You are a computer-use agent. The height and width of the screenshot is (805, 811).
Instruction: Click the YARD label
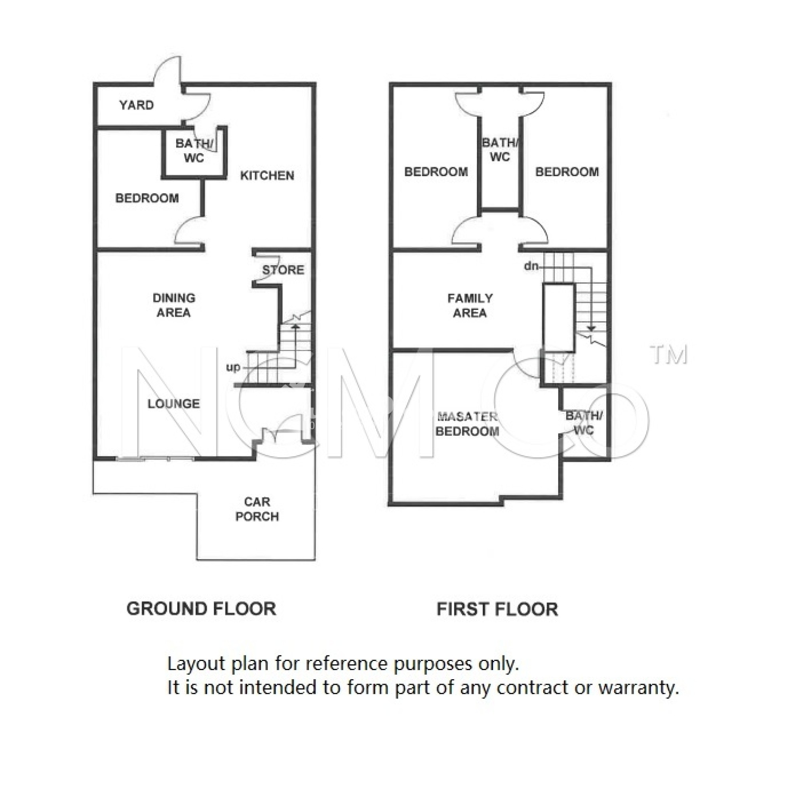coord(137,105)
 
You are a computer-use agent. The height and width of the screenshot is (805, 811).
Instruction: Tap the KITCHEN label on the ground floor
coord(267,175)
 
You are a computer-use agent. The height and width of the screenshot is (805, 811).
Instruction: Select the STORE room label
coord(284,270)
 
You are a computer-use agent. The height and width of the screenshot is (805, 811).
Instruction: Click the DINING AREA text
coord(174,306)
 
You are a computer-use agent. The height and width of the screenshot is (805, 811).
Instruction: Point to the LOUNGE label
coord(174,404)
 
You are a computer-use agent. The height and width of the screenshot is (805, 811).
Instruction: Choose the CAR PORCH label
coord(257,509)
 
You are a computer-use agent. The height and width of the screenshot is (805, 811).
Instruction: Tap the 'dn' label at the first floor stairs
coord(531,266)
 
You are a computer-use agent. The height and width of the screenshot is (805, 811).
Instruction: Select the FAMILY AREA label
coord(470,306)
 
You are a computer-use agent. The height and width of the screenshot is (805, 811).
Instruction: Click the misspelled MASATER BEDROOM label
coord(467,424)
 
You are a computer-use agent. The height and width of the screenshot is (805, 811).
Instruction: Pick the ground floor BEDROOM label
coord(147,198)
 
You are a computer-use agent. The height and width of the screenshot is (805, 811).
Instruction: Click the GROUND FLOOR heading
coord(202,609)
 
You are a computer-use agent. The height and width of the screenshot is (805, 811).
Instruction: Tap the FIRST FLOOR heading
coord(497,609)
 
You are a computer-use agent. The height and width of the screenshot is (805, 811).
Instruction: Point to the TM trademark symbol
coord(669,355)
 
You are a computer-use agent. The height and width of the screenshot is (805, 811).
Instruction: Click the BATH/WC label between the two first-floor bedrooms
coord(499,150)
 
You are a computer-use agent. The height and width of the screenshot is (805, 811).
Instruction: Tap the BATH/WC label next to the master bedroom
coord(584,423)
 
